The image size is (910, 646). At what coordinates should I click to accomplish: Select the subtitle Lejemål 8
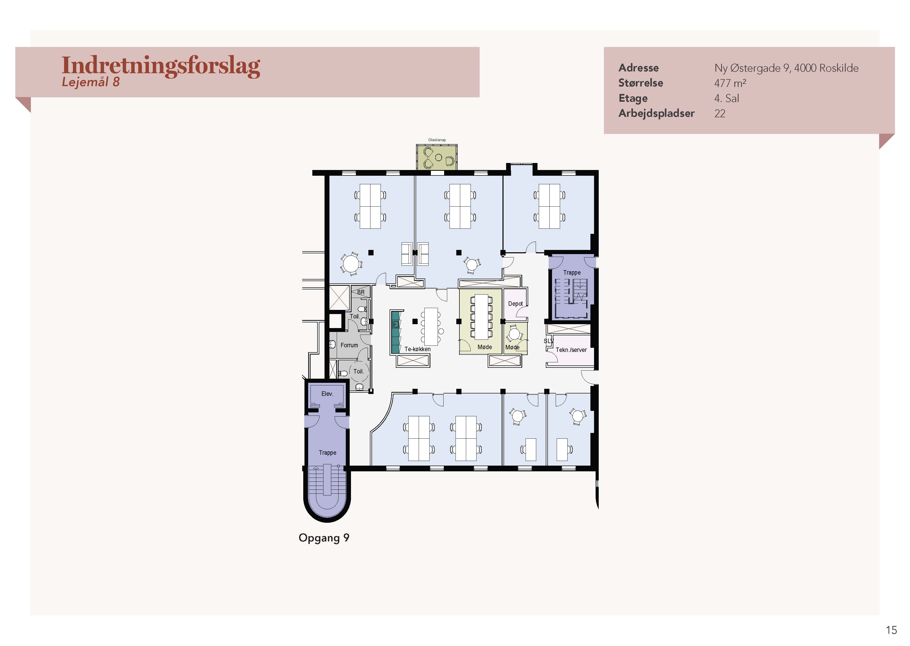pos(91,82)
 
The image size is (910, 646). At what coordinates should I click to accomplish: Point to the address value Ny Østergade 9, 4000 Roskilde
pos(786,68)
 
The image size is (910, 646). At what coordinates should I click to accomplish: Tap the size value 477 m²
pos(730,83)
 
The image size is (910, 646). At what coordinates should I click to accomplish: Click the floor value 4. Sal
pos(726,98)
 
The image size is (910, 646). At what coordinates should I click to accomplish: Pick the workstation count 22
pos(720,114)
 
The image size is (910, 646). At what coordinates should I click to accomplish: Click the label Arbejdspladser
pos(656,114)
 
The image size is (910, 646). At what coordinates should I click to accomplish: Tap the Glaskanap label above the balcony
pos(437,140)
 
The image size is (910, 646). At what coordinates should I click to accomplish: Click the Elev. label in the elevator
pos(327,394)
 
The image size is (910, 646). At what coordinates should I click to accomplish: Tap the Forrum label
pos(349,345)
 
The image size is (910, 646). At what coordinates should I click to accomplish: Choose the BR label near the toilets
pos(361,292)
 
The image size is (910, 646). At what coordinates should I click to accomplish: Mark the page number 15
pos(891,630)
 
